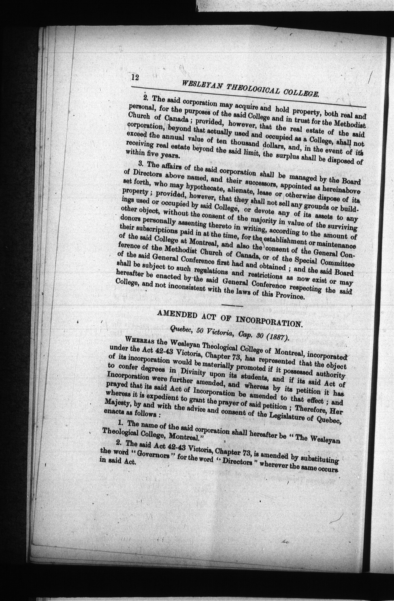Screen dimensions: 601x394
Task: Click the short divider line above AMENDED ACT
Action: tap(232, 306)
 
